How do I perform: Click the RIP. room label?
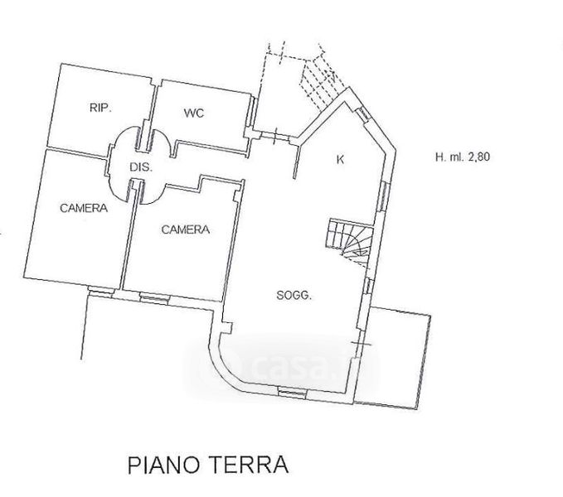pyautogui.click(x=100, y=108)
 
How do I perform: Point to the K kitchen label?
pyautogui.click(x=340, y=160)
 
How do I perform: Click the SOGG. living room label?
pyautogui.click(x=294, y=296)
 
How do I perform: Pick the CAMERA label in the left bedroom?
pyautogui.click(x=83, y=208)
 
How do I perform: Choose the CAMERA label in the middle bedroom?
pyautogui.click(x=185, y=229)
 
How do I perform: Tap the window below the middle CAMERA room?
pyautogui.click(x=153, y=296)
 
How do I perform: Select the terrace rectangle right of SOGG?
pyautogui.click(x=399, y=356)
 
